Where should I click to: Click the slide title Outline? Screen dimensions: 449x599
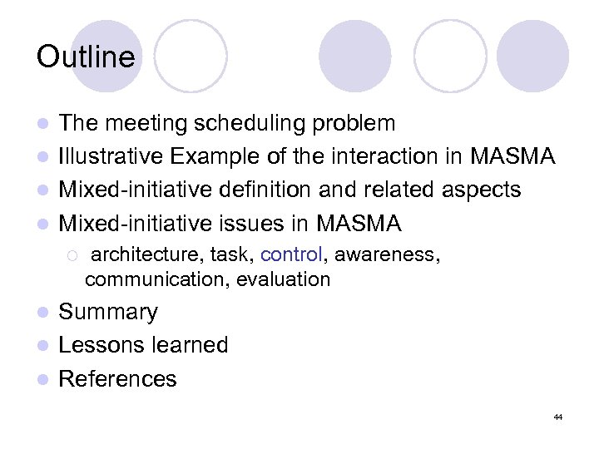tap(86, 57)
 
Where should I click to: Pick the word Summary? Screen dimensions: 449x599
tap(108, 312)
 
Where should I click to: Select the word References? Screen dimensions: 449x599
tap(118, 378)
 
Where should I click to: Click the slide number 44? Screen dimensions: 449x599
tap(557, 417)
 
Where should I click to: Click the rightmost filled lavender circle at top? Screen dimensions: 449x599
tap(532, 56)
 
